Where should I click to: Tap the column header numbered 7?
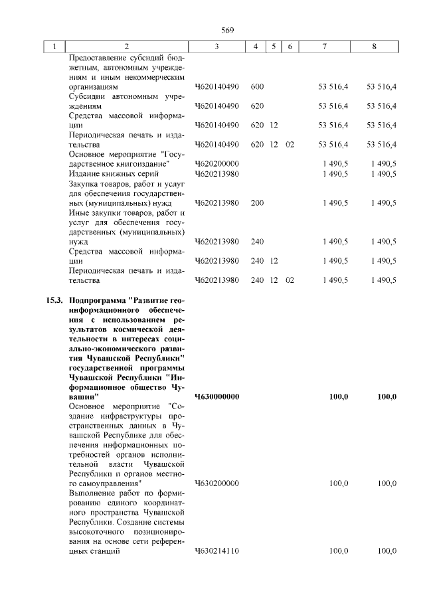point(324,46)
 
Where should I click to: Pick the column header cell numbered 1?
point(54,46)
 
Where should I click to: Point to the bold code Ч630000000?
point(217,396)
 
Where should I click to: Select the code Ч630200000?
point(217,483)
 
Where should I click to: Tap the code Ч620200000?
point(217,163)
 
